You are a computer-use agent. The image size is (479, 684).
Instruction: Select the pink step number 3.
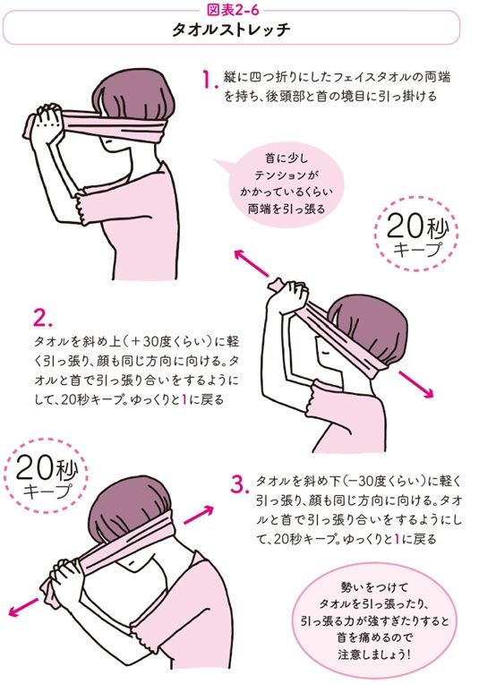[237, 484]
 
